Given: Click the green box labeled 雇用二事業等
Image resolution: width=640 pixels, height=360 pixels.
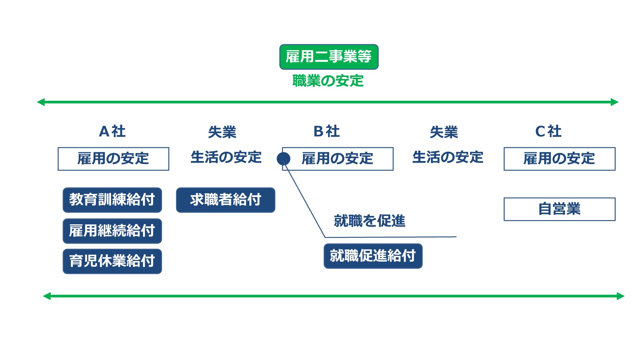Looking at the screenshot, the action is tap(329, 57).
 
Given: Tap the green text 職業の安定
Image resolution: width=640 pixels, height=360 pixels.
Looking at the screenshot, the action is tap(328, 81).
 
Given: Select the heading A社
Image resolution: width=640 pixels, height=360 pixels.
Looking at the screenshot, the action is tap(112, 131).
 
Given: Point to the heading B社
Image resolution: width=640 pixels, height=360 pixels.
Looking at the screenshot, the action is tap(327, 131).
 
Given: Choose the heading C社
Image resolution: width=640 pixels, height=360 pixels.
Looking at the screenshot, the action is tap(548, 131).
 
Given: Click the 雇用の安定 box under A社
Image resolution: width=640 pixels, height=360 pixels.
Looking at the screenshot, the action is tap(113, 159).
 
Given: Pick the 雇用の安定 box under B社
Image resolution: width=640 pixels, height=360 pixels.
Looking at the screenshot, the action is tap(338, 159).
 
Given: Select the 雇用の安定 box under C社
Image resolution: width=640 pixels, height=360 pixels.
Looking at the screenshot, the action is tap(559, 159).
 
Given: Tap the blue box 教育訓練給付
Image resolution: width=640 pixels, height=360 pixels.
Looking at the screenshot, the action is tap(112, 200).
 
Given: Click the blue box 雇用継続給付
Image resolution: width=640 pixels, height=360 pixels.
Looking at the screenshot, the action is tap(112, 231).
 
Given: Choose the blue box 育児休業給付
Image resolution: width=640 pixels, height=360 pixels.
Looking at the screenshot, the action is tap(112, 261).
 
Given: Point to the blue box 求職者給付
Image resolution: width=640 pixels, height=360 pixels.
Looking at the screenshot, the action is tap(226, 200).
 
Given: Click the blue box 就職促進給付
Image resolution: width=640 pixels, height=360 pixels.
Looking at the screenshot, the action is tap(373, 256).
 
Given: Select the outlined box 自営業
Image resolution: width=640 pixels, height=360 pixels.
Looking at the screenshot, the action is tap(559, 209).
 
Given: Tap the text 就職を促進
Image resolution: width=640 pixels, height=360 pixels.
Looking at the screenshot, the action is tap(370, 221).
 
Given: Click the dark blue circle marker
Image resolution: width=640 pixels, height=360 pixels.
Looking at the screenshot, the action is tap(283, 159).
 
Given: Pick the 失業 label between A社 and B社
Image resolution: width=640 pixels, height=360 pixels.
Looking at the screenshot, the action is tap(222, 132).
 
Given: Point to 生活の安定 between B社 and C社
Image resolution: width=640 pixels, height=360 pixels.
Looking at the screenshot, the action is tap(448, 157).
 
